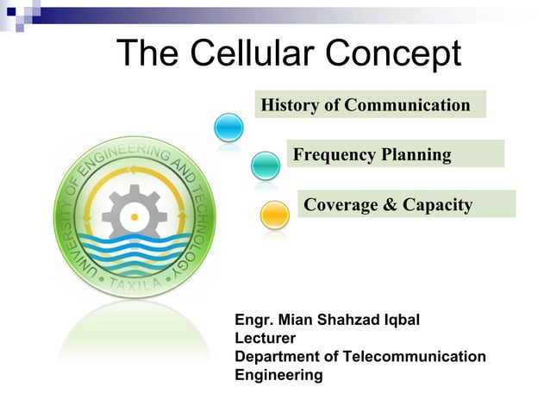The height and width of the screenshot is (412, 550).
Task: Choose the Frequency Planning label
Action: (372, 155)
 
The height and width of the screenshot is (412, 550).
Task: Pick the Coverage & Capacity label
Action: (388, 205)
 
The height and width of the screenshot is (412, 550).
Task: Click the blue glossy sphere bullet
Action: (229, 128)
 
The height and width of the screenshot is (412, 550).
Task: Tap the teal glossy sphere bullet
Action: (266, 165)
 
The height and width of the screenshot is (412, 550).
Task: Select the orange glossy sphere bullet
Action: (274, 214)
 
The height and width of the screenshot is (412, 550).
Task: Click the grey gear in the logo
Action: (135, 210)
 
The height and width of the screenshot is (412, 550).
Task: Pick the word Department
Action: (278, 357)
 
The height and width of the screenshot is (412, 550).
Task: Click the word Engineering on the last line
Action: (278, 375)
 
